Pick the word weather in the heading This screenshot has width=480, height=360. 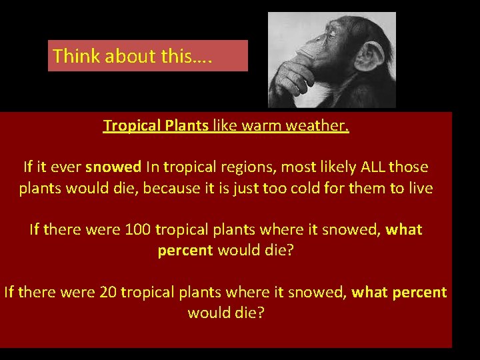317,126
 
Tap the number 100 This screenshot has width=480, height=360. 137,230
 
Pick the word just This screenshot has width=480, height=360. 250,188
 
